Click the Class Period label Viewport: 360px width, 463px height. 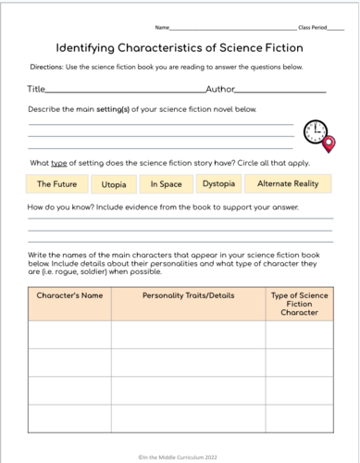click(314, 29)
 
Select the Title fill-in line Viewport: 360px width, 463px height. click(125, 92)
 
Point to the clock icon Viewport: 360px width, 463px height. click(315, 131)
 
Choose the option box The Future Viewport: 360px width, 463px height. click(56, 184)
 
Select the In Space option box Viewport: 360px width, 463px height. click(166, 184)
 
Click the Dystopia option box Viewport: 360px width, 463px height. click(218, 184)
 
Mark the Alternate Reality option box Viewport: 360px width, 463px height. click(288, 184)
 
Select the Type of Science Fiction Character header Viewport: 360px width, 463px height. click(298, 304)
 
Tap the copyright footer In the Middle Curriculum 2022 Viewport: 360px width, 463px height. click(180, 455)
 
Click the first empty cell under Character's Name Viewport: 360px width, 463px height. click(68, 334)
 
